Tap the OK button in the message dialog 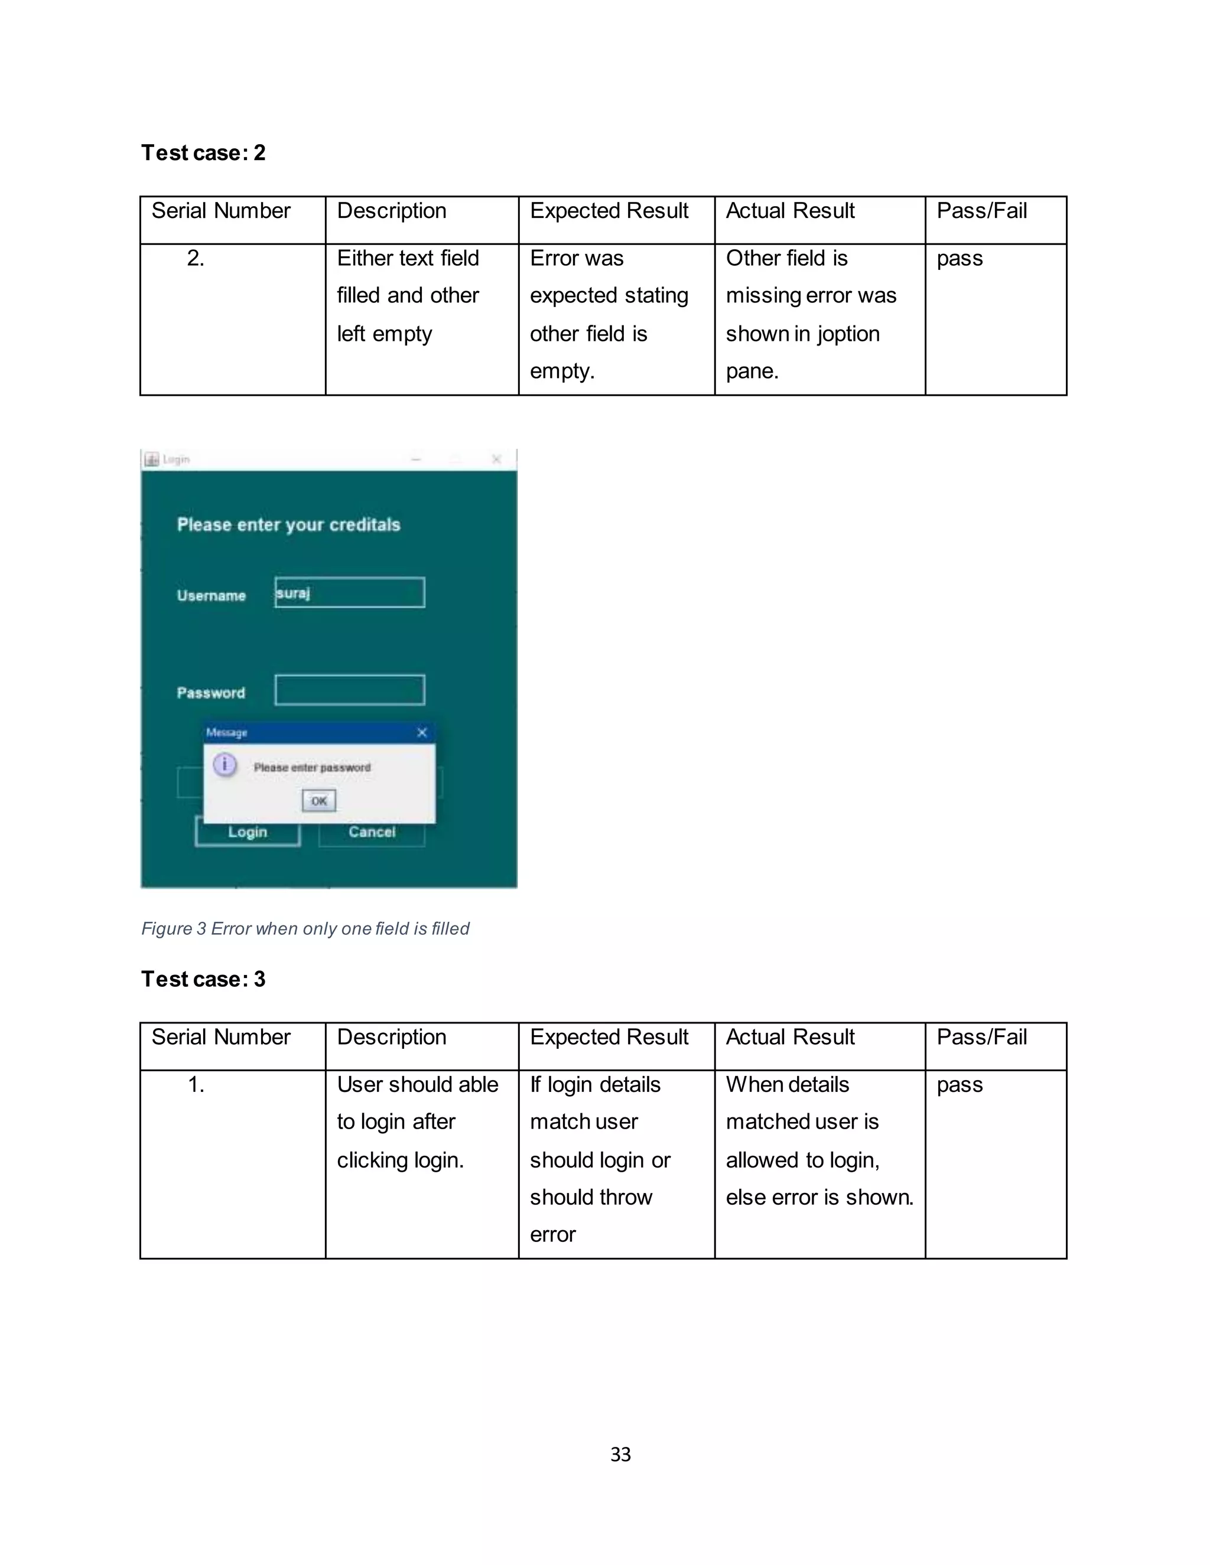318,800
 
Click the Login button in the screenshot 248,833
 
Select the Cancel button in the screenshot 371,833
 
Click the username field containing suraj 349,592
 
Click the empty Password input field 349,690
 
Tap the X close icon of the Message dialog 421,732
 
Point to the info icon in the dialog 225,765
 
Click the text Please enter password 312,768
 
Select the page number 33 620,1454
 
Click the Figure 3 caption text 305,929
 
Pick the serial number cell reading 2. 196,259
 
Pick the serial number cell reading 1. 196,1085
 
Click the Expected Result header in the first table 609,211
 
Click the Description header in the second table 391,1037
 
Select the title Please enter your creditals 288,524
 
